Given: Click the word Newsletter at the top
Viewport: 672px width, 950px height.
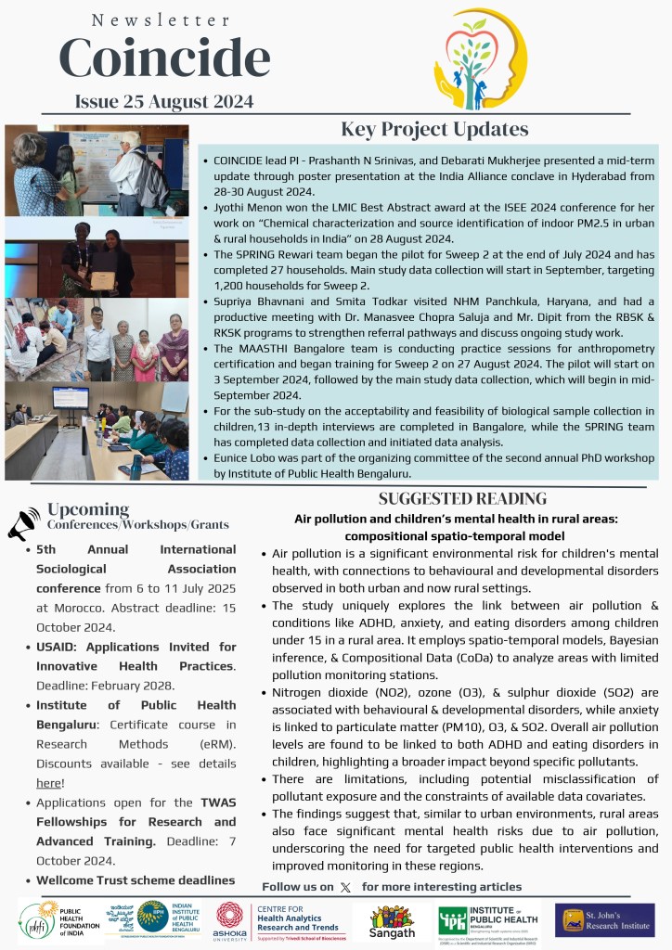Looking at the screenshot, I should pos(162,19).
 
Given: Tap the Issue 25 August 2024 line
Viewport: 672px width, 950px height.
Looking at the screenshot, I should pos(165,101).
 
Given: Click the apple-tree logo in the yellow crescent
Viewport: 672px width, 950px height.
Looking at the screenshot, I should pos(480,59).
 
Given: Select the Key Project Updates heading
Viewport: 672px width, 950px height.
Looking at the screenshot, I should pos(434,129).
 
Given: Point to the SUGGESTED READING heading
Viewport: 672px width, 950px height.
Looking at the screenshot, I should pos(462,499).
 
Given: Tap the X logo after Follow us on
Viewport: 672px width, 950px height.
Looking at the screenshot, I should pos(345,887).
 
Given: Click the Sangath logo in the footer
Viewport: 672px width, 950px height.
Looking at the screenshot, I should pos(392,920).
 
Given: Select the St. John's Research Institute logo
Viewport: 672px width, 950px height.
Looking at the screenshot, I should pos(604,919).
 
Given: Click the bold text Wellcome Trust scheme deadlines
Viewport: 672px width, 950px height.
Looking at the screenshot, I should pos(136,879).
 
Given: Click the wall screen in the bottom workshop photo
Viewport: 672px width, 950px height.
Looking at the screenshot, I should pos(71,397).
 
